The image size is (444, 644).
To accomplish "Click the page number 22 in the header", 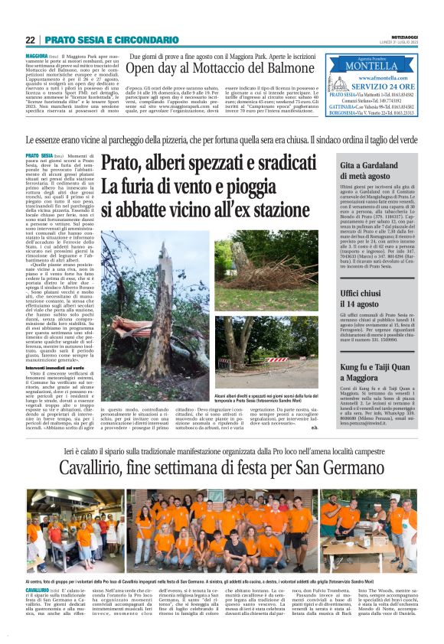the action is (30, 40).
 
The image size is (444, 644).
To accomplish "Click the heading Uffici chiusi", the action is (367, 293).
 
